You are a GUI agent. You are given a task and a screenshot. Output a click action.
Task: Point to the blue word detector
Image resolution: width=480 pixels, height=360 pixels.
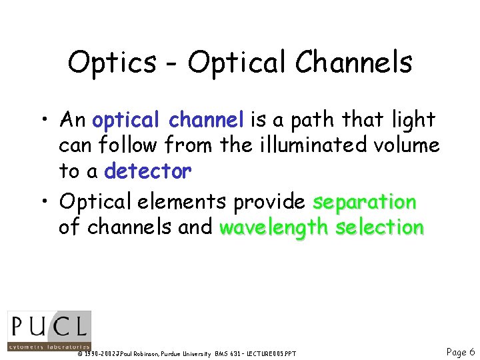coord(147,171)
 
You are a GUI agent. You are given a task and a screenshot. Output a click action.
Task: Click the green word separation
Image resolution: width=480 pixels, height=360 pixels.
coord(365,201)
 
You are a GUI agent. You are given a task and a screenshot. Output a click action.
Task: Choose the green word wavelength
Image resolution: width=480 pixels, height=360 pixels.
coord(274,227)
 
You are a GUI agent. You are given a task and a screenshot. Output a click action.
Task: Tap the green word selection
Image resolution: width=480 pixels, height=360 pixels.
coord(379,227)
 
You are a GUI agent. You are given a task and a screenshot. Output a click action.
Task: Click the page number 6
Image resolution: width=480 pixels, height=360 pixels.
coord(472,351)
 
